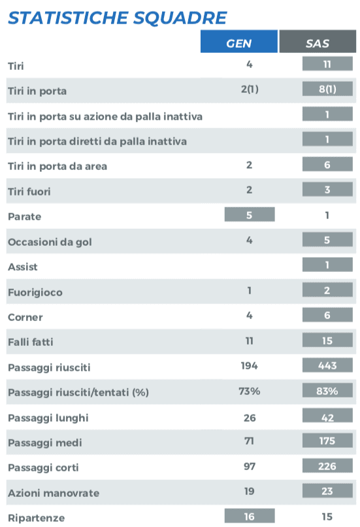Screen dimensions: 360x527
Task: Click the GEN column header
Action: point(238,42)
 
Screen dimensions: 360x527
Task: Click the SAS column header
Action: point(318,42)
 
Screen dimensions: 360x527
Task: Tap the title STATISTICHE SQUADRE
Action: point(117,18)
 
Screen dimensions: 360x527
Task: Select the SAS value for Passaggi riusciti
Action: point(327,365)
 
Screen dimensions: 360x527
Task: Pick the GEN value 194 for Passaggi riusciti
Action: point(249,365)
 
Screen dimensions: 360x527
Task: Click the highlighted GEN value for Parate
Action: point(250,214)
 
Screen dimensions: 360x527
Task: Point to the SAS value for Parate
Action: point(327,215)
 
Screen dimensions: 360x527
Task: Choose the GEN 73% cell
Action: point(249,391)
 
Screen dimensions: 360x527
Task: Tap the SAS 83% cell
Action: point(327,390)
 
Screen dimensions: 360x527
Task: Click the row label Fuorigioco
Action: point(35,292)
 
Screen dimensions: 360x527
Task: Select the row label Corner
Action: point(25,317)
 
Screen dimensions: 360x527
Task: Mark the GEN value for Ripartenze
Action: point(250,516)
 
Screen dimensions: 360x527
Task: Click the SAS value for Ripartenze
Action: point(327,517)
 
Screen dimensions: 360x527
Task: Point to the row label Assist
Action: point(22,267)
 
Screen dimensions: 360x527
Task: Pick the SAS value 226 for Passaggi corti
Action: point(327,466)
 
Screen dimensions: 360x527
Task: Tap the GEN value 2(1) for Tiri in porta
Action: point(250,89)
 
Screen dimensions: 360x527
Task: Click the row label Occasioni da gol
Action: point(50,242)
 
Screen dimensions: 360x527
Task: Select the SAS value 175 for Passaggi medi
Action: point(327,441)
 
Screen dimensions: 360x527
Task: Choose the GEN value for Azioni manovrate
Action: point(249,492)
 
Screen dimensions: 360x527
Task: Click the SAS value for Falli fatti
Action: point(327,341)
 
